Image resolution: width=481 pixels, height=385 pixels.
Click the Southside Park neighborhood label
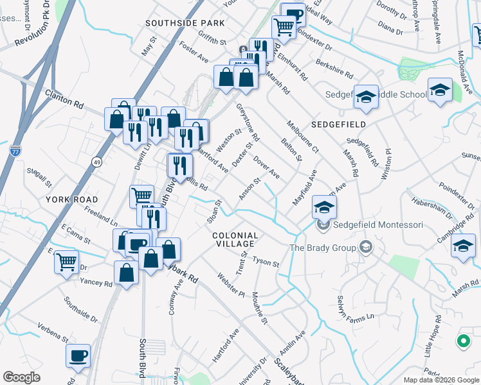tap(185, 23)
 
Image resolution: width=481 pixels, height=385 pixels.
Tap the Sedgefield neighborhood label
tap(339, 124)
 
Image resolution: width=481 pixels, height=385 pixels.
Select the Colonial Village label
tap(235, 239)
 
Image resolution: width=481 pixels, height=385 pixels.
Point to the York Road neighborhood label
tap(72, 200)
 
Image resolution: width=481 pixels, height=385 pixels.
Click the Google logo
tap(21, 377)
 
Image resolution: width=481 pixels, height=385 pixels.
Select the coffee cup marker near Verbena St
tap(78, 355)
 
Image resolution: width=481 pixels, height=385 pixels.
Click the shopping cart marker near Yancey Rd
tap(66, 262)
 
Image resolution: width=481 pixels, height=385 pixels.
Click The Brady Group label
tap(323, 247)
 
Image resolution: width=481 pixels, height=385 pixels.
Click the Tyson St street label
tap(266, 262)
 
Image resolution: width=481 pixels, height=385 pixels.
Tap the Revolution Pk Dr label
tap(32, 30)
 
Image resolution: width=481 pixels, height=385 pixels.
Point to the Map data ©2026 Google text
tap(440, 380)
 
